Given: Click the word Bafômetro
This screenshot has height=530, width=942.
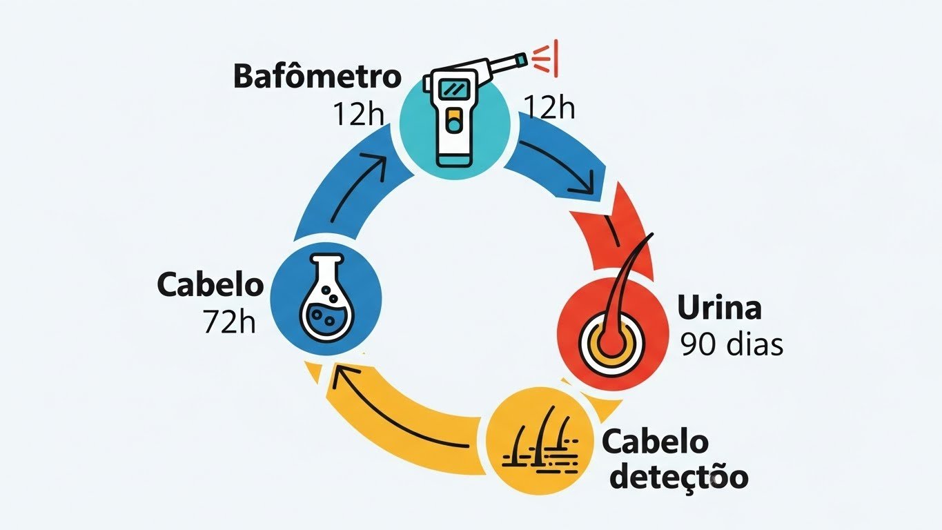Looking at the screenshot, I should pos(317,77).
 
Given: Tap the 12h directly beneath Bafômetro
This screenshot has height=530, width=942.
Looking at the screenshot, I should pos(357,113).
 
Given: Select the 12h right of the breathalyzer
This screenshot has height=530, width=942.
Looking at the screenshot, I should pos(549,107).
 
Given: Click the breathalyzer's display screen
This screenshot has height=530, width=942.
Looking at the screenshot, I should pos(453,89).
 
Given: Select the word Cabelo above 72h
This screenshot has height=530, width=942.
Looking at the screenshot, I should pos(210,285).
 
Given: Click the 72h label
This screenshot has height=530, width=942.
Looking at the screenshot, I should pos(229,321).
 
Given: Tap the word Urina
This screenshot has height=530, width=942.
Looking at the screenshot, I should pos(719,308).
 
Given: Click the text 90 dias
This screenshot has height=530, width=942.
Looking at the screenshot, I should pos(732,344).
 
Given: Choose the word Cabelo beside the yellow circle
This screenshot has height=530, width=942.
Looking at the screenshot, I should pos(656,442).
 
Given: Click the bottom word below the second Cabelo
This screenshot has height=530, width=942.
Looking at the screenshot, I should pos(679,478).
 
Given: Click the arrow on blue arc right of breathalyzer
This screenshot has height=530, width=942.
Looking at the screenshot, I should pos(559,166).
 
